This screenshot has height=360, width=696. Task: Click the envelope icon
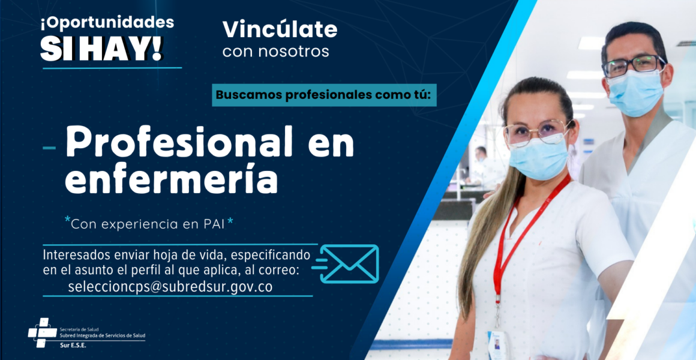click(x=349, y=263)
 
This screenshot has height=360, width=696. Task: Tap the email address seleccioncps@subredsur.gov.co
click(x=170, y=287)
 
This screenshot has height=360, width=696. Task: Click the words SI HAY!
click(x=101, y=48)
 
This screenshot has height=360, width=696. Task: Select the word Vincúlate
click(x=280, y=29)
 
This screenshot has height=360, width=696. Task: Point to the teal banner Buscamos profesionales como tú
click(x=324, y=95)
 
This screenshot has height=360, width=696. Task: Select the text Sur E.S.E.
click(x=74, y=345)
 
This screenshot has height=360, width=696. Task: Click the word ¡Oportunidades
click(x=107, y=23)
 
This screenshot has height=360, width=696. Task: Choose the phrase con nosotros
click(x=275, y=52)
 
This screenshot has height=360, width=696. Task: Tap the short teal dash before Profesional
click(x=49, y=148)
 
